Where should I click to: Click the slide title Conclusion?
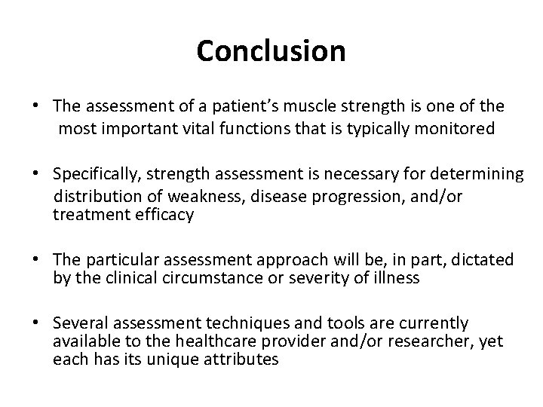click(271, 51)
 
